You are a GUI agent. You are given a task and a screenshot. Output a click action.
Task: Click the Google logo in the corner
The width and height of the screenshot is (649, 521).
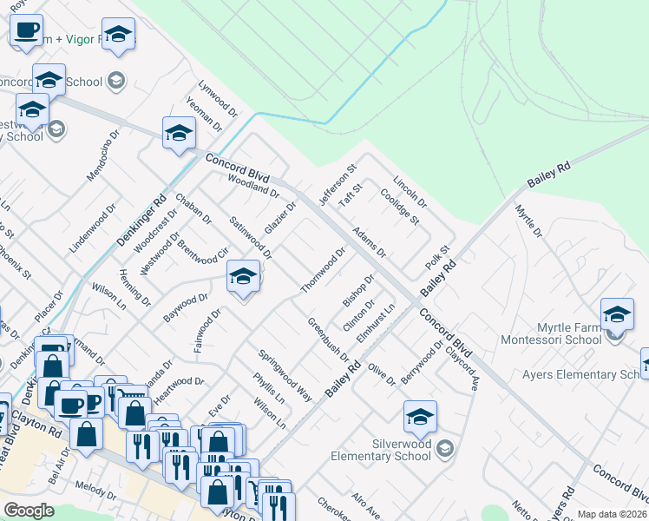29,511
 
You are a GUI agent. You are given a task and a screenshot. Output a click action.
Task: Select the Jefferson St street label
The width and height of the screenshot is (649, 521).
338,185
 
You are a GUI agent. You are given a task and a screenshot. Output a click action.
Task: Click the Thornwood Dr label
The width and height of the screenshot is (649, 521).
323,270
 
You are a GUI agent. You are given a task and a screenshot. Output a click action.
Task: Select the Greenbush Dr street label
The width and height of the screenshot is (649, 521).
328,340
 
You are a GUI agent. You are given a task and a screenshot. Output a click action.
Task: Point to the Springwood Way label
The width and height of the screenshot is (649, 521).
285,374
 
